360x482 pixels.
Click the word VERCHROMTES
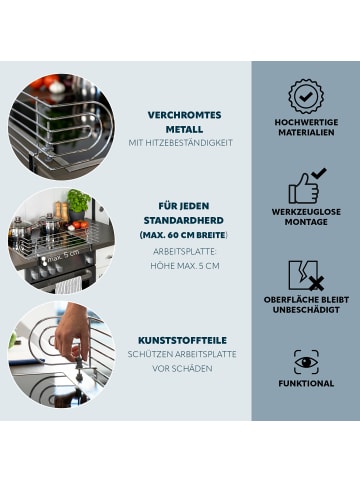(184, 115)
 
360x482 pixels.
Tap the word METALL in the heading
(184, 129)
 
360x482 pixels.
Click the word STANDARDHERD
(184, 220)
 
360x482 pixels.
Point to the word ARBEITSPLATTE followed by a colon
(185, 252)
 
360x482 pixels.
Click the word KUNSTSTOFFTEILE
(182, 340)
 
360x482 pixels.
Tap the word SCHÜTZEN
(152, 354)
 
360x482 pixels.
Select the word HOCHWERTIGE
(306, 122)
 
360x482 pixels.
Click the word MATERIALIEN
(306, 132)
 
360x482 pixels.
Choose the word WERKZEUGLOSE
(306, 212)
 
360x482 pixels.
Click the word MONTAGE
(306, 222)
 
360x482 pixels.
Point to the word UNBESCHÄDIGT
(306, 310)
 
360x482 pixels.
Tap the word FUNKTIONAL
(306, 383)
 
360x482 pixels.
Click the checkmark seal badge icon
(306, 97)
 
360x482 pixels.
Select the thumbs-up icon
(307, 186)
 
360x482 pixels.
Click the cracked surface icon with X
(306, 276)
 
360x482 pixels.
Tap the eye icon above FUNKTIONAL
(306, 362)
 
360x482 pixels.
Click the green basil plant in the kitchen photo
(78, 200)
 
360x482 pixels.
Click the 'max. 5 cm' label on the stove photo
(63, 256)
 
